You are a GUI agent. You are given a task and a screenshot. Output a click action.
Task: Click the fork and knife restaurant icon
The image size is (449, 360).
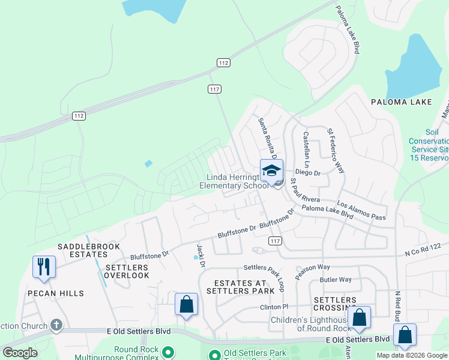(44, 266)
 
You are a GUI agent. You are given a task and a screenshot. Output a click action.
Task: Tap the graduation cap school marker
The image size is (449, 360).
(271, 170)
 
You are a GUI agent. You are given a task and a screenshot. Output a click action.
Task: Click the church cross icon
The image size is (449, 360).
(56, 326)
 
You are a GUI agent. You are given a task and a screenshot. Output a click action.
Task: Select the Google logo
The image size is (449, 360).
(20, 353)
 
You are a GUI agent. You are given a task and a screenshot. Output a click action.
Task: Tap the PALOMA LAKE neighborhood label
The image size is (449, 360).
(401, 102)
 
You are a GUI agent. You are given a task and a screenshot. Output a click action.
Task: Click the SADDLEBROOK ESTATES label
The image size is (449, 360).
(89, 251)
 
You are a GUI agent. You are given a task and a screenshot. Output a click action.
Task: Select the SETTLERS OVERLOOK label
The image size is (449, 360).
(127, 271)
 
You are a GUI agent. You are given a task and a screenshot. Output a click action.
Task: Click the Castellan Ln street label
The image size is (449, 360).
(307, 150)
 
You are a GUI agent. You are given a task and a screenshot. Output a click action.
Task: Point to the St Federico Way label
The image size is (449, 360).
(336, 150)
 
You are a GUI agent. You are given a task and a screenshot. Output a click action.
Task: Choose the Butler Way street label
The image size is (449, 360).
(336, 280)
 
